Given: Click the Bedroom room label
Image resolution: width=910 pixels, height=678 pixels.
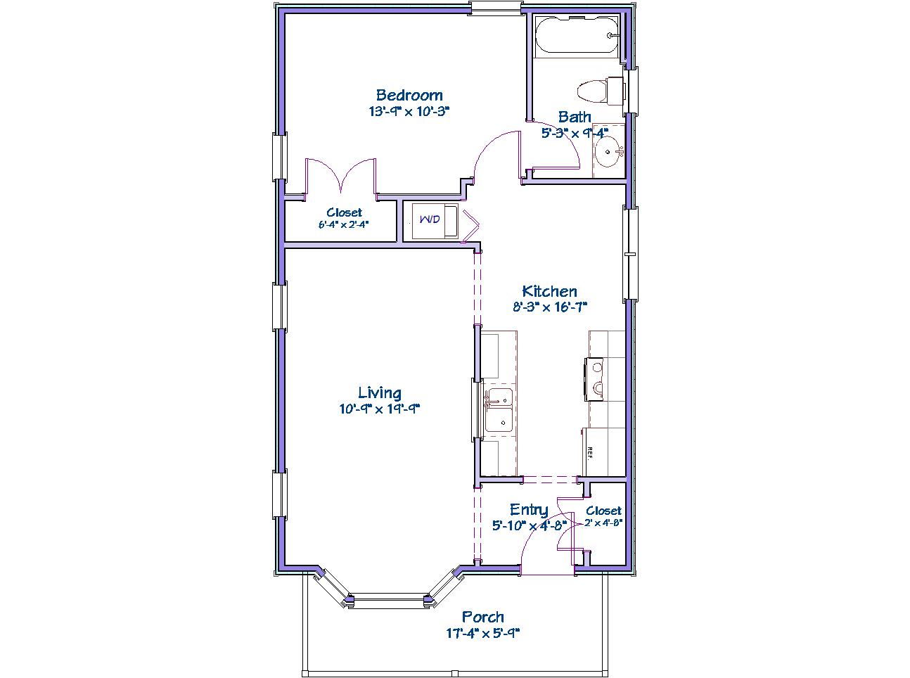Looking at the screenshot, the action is (x=409, y=95).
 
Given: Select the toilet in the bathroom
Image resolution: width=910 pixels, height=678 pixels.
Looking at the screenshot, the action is (x=601, y=91).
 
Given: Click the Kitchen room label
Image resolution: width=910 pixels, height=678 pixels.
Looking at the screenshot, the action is (x=549, y=291).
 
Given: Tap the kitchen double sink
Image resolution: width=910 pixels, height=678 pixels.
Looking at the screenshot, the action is (x=499, y=410).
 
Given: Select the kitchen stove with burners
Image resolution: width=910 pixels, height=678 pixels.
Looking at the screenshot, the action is (x=594, y=379).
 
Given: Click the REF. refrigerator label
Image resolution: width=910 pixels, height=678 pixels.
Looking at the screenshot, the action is (x=589, y=453).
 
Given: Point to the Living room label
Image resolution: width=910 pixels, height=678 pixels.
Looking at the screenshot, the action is (x=380, y=392).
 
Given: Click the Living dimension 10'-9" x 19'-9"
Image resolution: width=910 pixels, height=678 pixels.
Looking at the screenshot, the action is (x=380, y=409).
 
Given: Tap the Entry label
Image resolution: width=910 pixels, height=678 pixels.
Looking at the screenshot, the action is (x=529, y=510).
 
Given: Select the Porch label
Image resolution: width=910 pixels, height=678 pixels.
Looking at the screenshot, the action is (x=483, y=617).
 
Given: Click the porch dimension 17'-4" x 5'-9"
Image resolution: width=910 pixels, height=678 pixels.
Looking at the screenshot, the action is (x=483, y=633).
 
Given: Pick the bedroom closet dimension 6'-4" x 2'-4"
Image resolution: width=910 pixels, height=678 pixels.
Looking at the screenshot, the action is (x=344, y=224).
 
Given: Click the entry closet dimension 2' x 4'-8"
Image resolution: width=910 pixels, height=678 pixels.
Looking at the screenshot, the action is (x=604, y=523).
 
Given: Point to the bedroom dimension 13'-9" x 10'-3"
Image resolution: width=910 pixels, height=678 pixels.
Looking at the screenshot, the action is (x=409, y=111).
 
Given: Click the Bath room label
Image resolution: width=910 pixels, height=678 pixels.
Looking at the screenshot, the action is (x=575, y=117).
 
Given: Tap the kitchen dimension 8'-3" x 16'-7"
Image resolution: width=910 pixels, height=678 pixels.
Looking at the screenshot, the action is (x=550, y=307).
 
